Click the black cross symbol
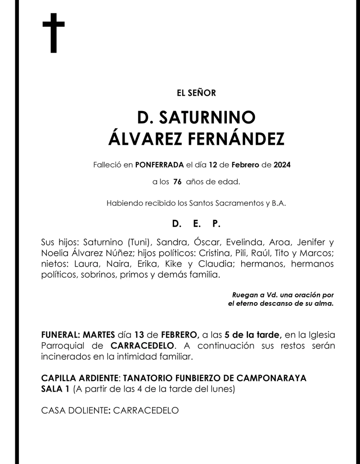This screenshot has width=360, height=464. click(54, 33)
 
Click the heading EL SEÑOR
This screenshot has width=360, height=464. click(196, 93)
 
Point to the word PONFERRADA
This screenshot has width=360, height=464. click(159, 165)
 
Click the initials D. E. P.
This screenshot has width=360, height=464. click(196, 223)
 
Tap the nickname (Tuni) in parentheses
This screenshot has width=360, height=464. click(139, 241)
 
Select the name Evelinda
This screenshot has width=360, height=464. click(243, 241)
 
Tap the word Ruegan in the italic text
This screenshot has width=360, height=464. click(244, 295)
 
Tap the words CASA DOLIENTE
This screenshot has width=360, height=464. click(74, 410)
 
